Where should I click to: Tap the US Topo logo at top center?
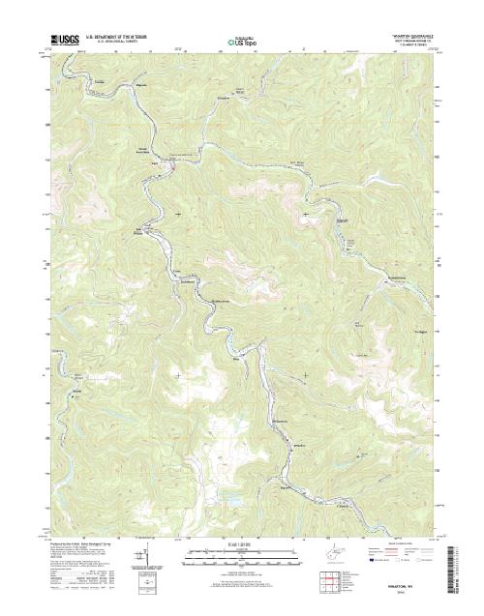242,43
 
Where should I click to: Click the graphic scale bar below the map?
242,556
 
